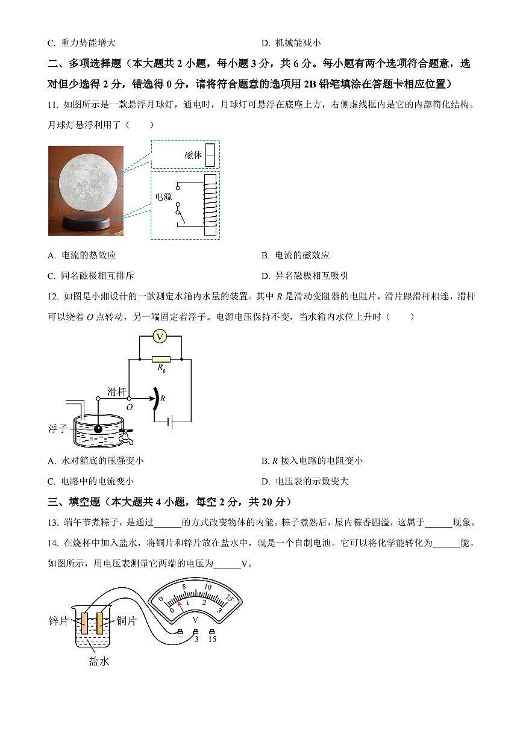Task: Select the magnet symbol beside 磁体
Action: [210, 155]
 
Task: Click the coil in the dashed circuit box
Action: [210, 204]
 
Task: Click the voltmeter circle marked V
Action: [159, 337]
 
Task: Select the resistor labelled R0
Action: [160, 359]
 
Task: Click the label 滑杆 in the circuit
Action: [116, 391]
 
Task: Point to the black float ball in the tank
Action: [98, 428]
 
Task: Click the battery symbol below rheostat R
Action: [170, 423]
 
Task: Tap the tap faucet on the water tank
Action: [127, 435]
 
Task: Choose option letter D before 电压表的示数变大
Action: [265, 481]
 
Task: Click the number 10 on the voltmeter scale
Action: [208, 586]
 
